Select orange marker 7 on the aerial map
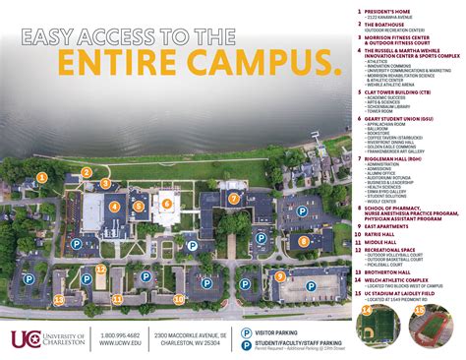point(233,198)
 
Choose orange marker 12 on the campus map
point(100,268)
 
